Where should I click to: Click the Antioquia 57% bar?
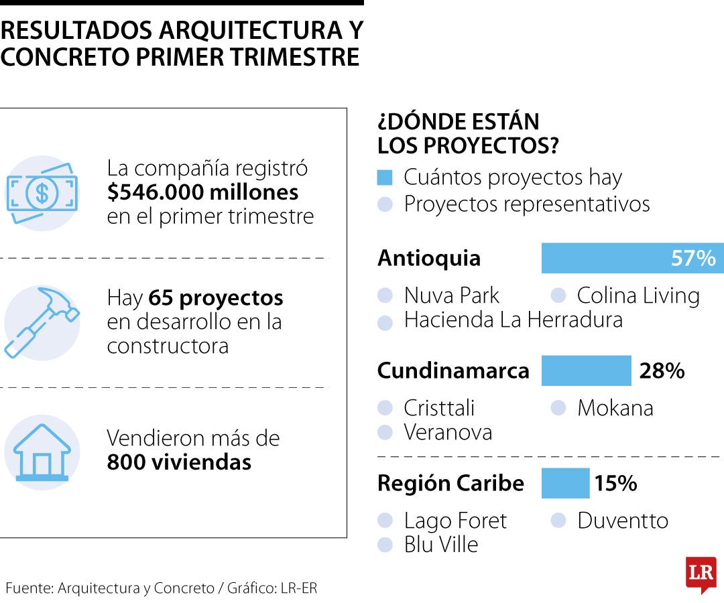click(x=632, y=258)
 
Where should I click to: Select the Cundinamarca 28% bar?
click(x=586, y=371)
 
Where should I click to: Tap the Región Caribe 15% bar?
click(x=565, y=483)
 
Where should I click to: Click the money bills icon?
click(x=42, y=194)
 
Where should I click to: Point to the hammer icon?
click(x=42, y=322)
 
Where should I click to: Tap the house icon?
click(x=42, y=452)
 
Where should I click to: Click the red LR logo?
click(x=701, y=574)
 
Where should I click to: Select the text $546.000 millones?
click(x=202, y=193)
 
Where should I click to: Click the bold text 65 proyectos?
click(x=216, y=297)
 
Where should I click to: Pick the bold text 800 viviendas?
click(x=179, y=462)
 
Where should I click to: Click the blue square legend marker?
click(x=384, y=178)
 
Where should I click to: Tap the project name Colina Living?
click(x=638, y=295)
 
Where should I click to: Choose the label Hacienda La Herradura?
click(x=513, y=320)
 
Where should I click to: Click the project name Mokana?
click(x=615, y=408)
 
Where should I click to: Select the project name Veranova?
click(x=448, y=432)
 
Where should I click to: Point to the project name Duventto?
click(x=622, y=521)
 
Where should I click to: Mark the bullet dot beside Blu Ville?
click(x=385, y=545)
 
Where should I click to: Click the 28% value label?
click(x=661, y=371)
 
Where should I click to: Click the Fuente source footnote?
click(x=161, y=588)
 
